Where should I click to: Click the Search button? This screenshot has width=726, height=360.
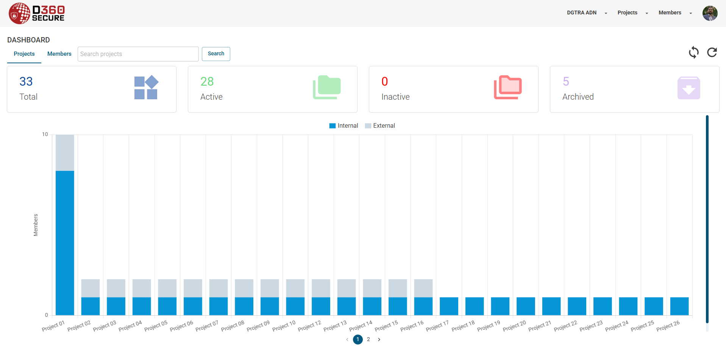pos(216,54)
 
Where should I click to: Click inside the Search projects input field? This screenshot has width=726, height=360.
pos(138,54)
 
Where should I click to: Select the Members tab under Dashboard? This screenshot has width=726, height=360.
pos(59,54)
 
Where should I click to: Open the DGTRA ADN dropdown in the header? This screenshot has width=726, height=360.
pos(587,13)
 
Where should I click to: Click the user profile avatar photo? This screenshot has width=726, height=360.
pos(710,13)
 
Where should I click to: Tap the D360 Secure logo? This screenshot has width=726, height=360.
pos(37,13)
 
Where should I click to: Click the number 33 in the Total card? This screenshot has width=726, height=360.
pos(26,81)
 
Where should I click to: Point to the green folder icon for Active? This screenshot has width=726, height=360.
pos(326,88)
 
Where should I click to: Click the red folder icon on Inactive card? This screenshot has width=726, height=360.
pos(507,88)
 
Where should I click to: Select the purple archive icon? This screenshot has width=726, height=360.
pos(689,88)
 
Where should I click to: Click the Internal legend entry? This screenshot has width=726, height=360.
pos(343,126)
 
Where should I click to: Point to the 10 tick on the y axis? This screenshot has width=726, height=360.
pos(45,135)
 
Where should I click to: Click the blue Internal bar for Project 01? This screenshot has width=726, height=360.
pos(65,243)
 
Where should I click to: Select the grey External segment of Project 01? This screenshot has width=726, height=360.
pos(65,153)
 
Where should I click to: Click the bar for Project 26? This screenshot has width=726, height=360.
pos(679,306)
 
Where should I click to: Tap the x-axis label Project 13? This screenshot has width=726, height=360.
pos(335,326)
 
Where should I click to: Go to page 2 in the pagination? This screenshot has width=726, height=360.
pos(368,340)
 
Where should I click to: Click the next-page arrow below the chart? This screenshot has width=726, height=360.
pos(379,340)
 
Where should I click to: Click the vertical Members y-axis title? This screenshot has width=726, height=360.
pos(36,225)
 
